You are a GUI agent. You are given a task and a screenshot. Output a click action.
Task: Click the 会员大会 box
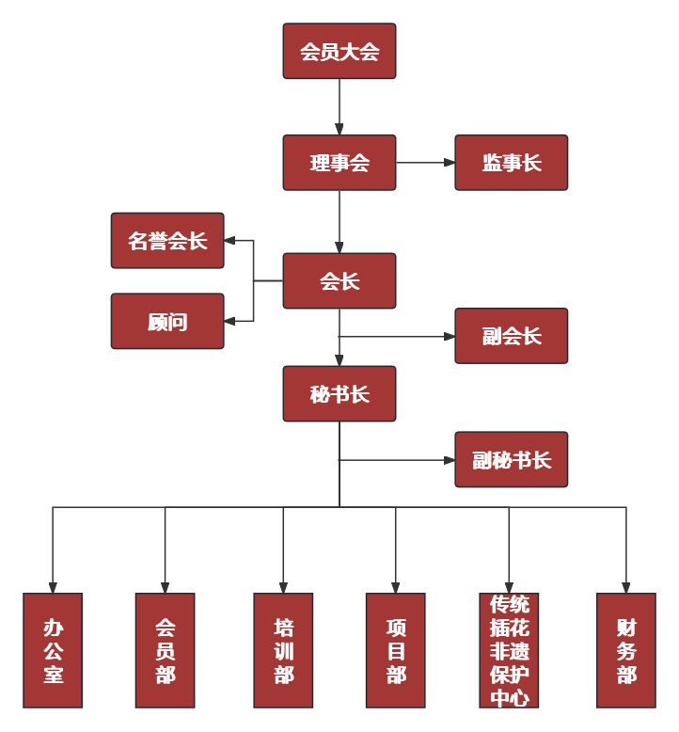tap(339, 52)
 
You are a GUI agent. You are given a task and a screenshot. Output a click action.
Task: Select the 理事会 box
tap(339, 163)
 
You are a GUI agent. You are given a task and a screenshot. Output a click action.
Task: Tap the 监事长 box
tap(512, 163)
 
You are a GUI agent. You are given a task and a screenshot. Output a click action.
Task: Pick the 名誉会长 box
tap(167, 241)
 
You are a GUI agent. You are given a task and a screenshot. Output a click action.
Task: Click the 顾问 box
tap(167, 322)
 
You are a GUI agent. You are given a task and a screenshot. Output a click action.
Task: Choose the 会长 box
tap(339, 281)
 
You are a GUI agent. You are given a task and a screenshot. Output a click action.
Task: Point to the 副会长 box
tap(512, 336)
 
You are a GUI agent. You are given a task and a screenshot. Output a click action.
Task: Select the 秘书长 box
tap(339, 394)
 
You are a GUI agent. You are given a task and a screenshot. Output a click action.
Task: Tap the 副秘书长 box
tap(512, 460)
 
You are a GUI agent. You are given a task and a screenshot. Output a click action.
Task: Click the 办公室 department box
tap(53, 650)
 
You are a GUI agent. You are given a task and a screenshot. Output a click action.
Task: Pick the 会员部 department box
tap(165, 650)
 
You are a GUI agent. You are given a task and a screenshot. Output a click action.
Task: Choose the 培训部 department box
tap(283, 650)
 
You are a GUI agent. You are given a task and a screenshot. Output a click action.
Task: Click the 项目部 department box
tap(395, 650)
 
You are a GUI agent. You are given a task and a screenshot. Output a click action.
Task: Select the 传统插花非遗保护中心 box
tap(509, 650)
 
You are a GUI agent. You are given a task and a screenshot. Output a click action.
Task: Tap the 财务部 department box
tap(625, 650)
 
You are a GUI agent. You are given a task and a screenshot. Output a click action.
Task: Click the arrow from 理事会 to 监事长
tap(425, 163)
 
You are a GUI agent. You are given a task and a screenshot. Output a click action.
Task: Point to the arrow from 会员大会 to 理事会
tap(339, 106)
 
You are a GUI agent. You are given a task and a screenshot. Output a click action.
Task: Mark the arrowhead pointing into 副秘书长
tap(450, 460)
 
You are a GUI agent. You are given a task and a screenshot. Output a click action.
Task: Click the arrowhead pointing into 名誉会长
tap(229, 241)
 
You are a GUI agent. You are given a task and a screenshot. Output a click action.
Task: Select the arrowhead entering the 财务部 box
tap(625, 587)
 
